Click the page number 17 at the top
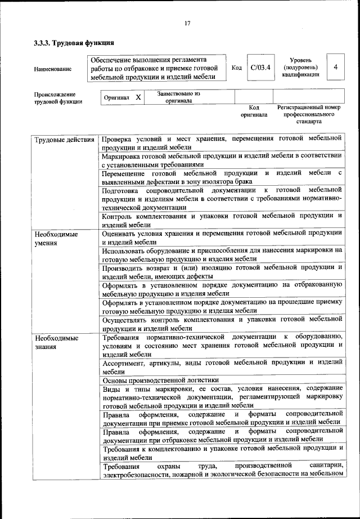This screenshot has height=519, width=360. click(188, 23)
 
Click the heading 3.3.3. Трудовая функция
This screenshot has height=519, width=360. click(74, 43)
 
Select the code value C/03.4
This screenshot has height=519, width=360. click(261, 67)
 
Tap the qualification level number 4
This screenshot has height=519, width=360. click(335, 67)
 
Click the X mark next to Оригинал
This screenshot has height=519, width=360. click(138, 97)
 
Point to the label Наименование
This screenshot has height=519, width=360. click(53, 69)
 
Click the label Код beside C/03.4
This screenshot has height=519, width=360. click(237, 68)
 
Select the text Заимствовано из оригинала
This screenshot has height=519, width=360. click(179, 97)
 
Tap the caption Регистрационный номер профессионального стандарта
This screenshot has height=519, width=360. click(309, 114)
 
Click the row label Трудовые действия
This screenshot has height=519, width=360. click(64, 138)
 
